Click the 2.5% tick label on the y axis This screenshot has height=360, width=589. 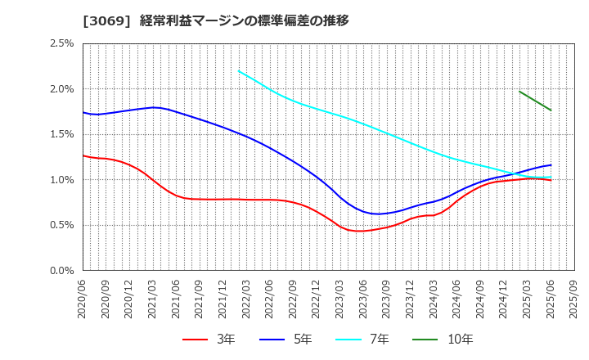pyautogui.click(x=61, y=43)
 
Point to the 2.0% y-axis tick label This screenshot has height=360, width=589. pyautogui.click(x=61, y=89)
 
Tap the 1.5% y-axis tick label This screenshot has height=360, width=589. pyautogui.click(x=61, y=134)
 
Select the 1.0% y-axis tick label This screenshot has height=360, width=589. pyautogui.click(x=61, y=180)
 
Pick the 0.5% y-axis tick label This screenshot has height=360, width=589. pyautogui.click(x=61, y=225)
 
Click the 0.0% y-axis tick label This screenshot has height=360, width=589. pyautogui.click(x=61, y=271)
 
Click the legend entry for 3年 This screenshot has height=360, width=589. pyautogui.click(x=210, y=339)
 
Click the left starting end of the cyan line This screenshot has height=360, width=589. pyautogui.click(x=239, y=71)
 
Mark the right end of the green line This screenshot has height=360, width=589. pyautogui.click(x=551, y=110)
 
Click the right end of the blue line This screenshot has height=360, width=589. pyautogui.click(x=551, y=165)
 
